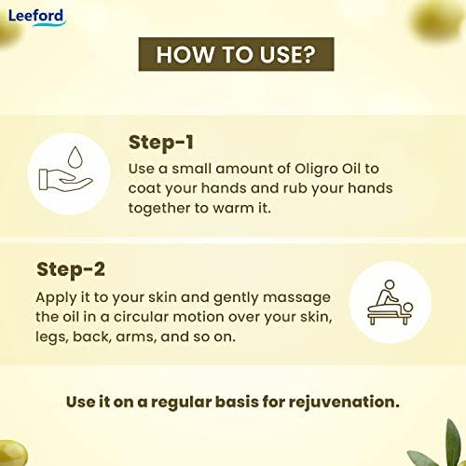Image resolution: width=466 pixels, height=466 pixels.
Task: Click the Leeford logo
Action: coord(34,16)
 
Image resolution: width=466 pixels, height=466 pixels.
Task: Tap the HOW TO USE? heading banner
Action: coord(234,55)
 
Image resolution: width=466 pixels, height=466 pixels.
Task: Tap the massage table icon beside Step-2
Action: coord(388,301)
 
